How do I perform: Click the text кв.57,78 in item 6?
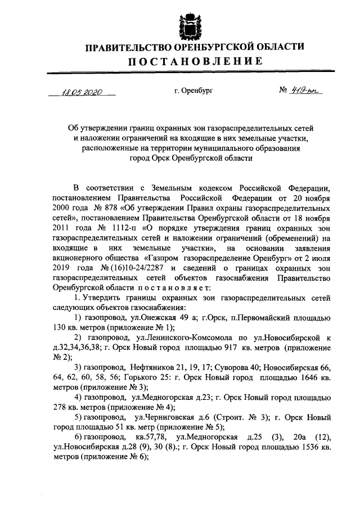(150, 436)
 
